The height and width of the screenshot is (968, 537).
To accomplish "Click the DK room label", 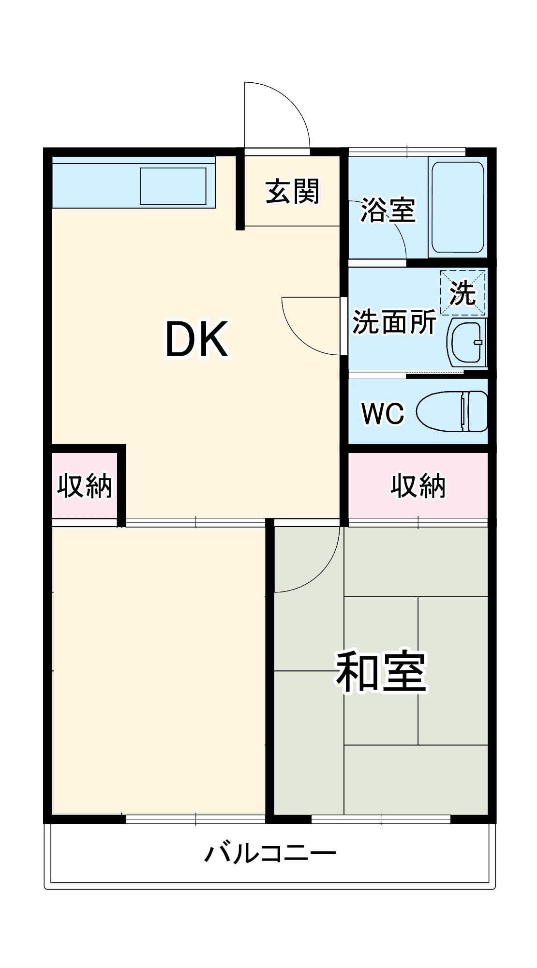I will pyautogui.click(x=196, y=340).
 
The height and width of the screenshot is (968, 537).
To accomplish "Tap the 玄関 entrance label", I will pyautogui.click(x=292, y=192).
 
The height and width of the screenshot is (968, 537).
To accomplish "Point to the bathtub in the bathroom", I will pyautogui.click(x=457, y=207).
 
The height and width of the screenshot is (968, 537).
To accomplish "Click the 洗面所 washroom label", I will pyautogui.click(x=394, y=321).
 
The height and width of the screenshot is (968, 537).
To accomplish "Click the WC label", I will pyautogui.click(x=383, y=413).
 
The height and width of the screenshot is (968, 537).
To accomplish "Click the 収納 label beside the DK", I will pyautogui.click(x=85, y=485).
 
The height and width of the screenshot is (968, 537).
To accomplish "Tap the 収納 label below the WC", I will pyautogui.click(x=418, y=485).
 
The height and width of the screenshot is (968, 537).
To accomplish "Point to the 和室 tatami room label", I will pyautogui.click(x=381, y=673).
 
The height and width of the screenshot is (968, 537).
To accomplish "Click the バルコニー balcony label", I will pyautogui.click(x=269, y=853).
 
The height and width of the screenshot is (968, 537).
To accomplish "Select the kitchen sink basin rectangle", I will pyautogui.click(x=173, y=186).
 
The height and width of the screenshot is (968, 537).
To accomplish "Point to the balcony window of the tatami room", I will pyautogui.click(x=381, y=819).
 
